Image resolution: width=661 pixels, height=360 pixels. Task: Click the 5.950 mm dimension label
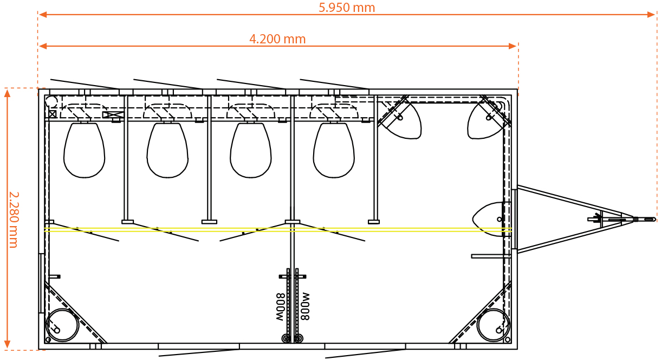347,8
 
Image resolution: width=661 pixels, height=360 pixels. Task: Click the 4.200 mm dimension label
277,39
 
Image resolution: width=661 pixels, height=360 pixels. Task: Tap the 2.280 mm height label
14,220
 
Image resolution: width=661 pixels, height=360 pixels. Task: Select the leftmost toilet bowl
85,150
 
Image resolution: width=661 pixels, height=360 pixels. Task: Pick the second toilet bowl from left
167,150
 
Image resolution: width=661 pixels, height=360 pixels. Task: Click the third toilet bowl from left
251,150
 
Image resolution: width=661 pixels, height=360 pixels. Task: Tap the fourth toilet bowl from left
334,150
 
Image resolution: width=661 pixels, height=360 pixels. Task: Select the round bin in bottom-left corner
62,325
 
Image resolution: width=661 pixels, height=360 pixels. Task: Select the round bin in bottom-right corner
493,325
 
